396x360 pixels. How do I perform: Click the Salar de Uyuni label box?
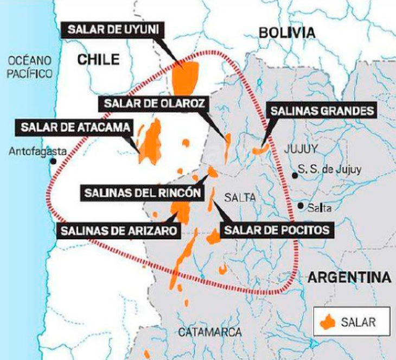112,30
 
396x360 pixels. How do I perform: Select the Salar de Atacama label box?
75,128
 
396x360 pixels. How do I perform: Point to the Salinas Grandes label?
322,111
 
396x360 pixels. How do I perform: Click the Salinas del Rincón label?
143,192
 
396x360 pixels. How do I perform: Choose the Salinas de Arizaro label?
119,231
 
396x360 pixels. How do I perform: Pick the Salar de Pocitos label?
276,230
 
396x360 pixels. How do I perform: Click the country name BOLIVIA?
286,33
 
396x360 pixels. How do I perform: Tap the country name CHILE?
98,60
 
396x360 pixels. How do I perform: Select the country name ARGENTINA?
349,277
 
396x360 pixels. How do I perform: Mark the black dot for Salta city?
301,206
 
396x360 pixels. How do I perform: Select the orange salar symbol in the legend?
328,321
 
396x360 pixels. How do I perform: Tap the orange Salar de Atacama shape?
149,142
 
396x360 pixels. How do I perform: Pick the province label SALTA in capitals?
241,198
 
